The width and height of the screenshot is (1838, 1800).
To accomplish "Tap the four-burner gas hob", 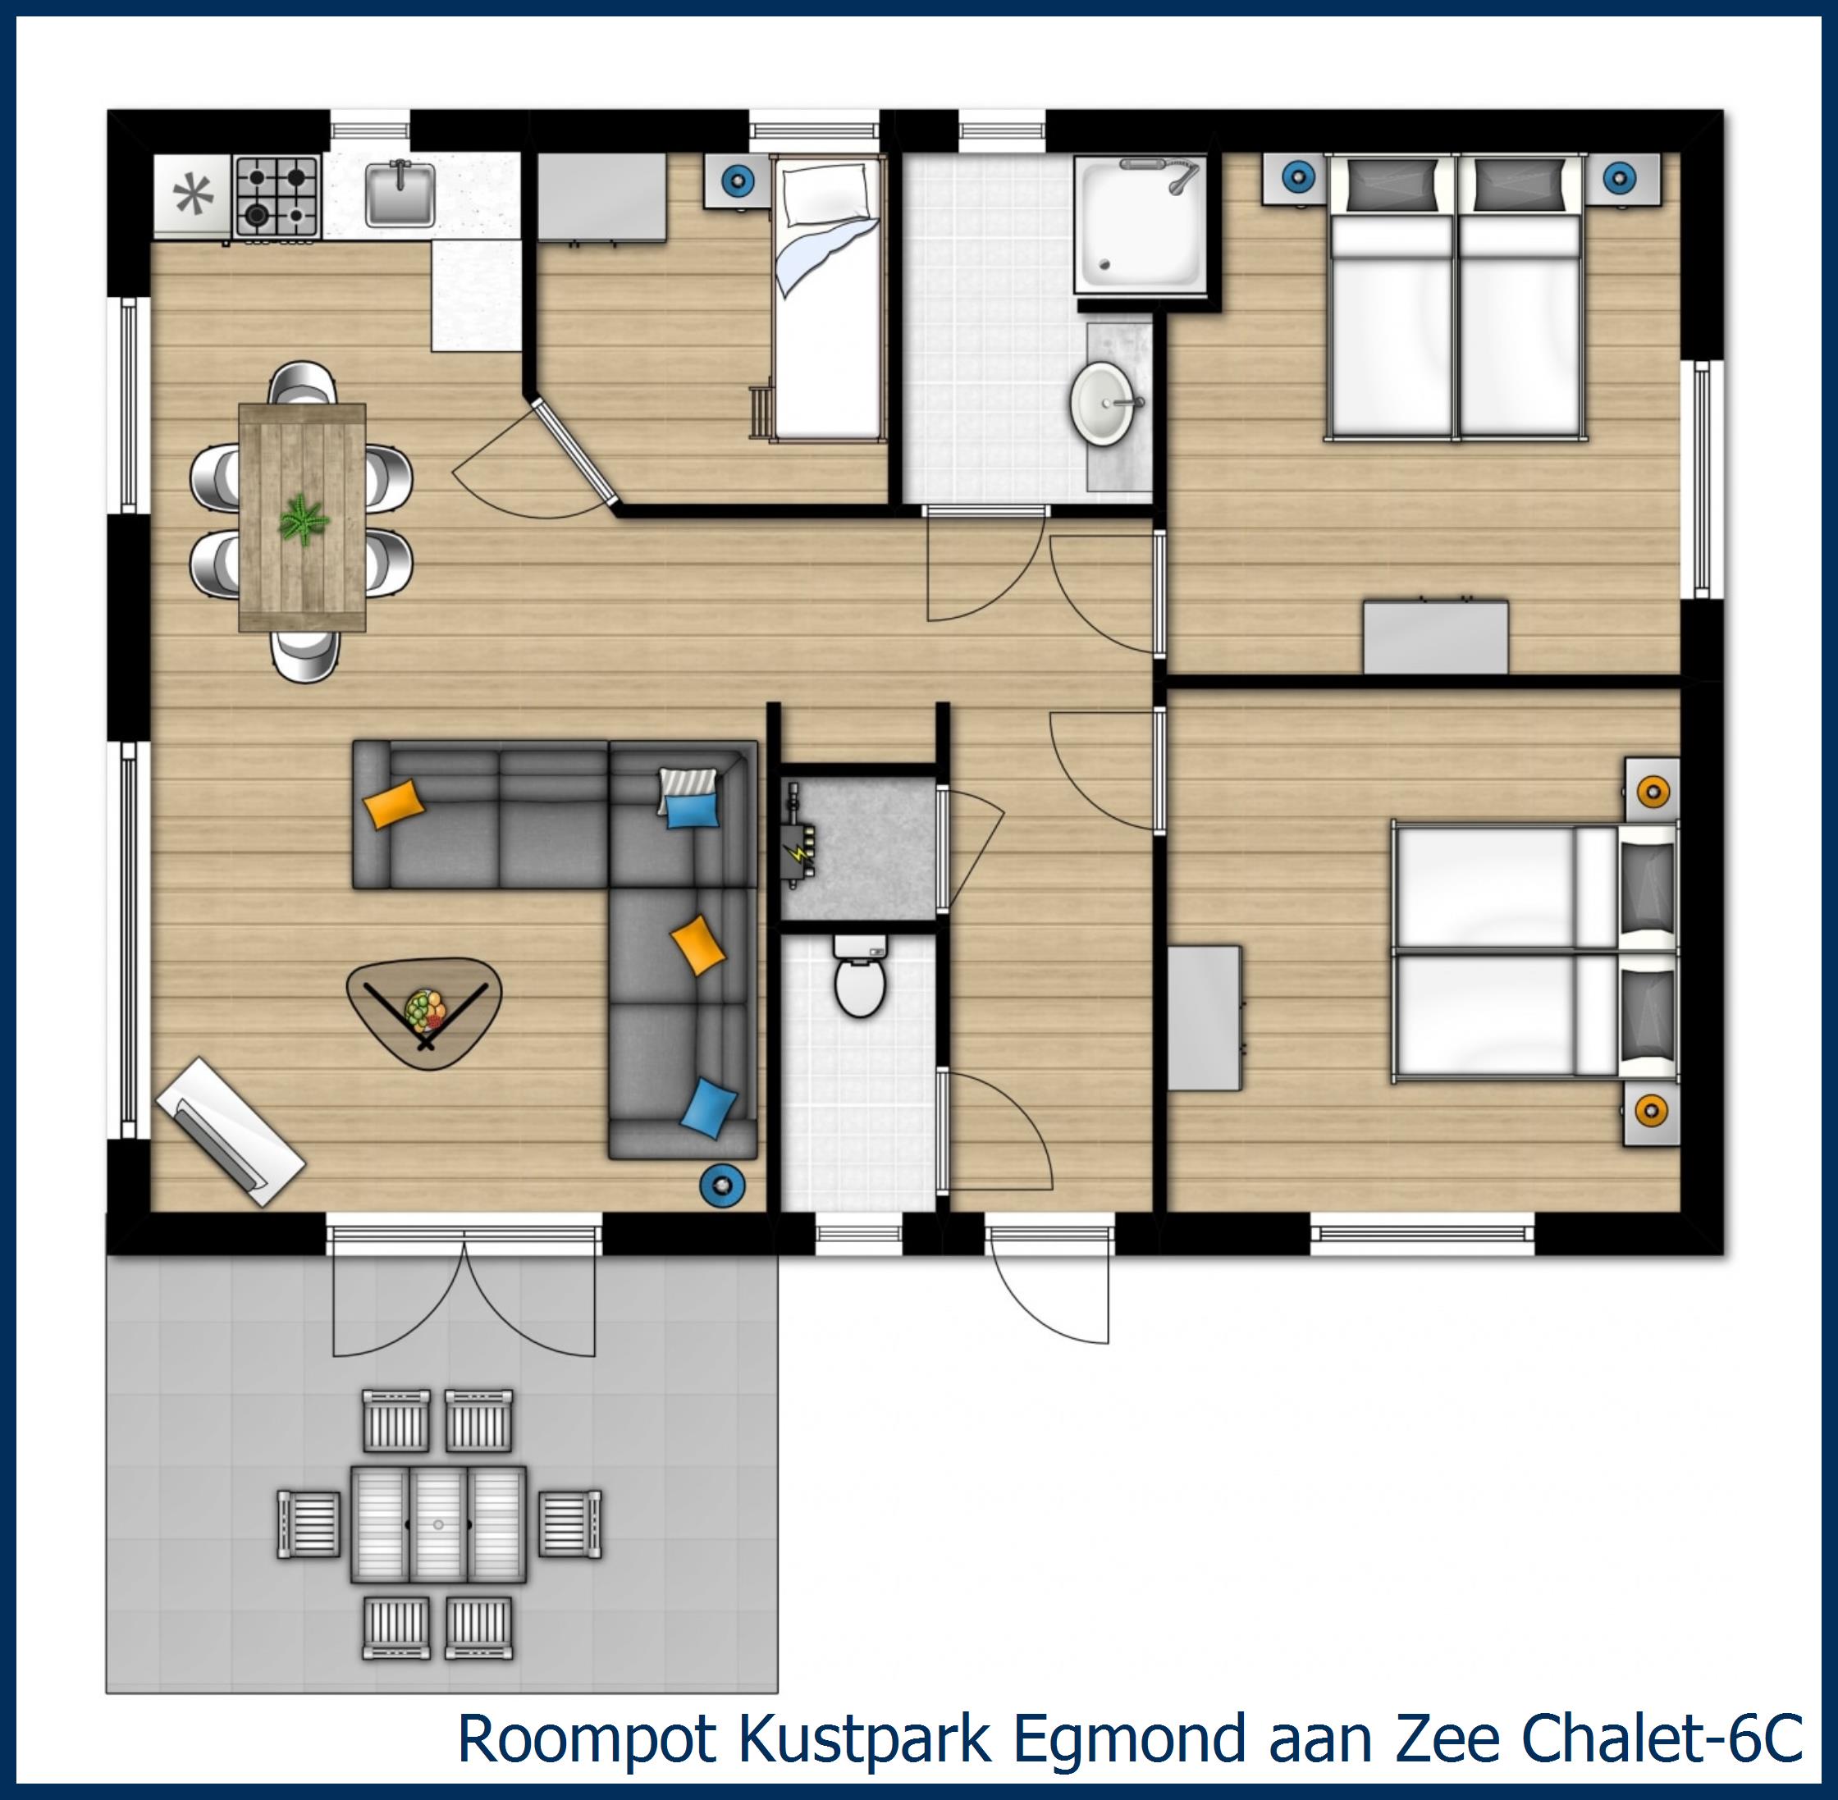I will pyautogui.click(x=276, y=196).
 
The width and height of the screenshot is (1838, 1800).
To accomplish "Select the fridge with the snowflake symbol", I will pyautogui.click(x=192, y=196).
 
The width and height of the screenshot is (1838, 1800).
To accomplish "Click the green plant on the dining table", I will pyautogui.click(x=304, y=520).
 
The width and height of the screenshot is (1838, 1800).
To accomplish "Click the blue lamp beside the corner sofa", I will pyautogui.click(x=721, y=1184).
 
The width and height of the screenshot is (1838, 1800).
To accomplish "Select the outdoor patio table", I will pyautogui.click(x=437, y=1525).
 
